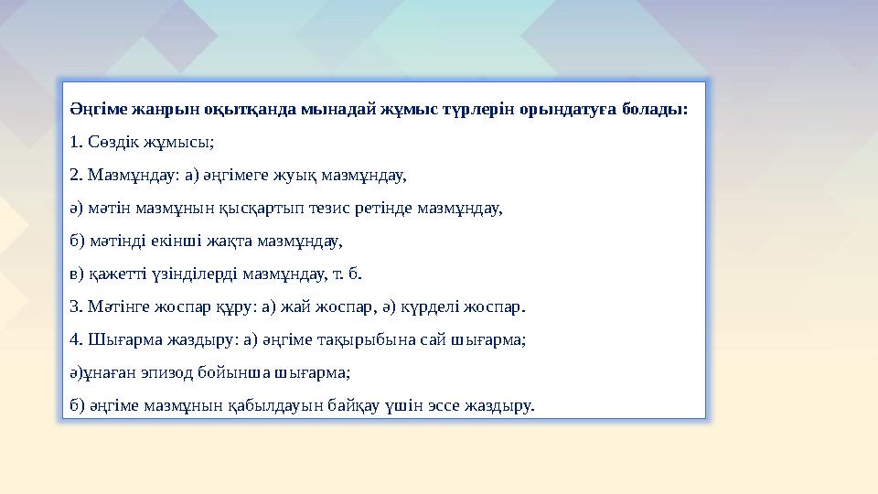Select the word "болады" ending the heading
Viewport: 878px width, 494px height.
tap(650, 110)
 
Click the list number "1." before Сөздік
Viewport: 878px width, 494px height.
tap(77, 143)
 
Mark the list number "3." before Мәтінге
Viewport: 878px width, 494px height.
tap(77, 306)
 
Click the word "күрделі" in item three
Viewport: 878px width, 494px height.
tap(430, 306)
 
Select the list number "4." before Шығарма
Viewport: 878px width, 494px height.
tap(77, 338)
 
